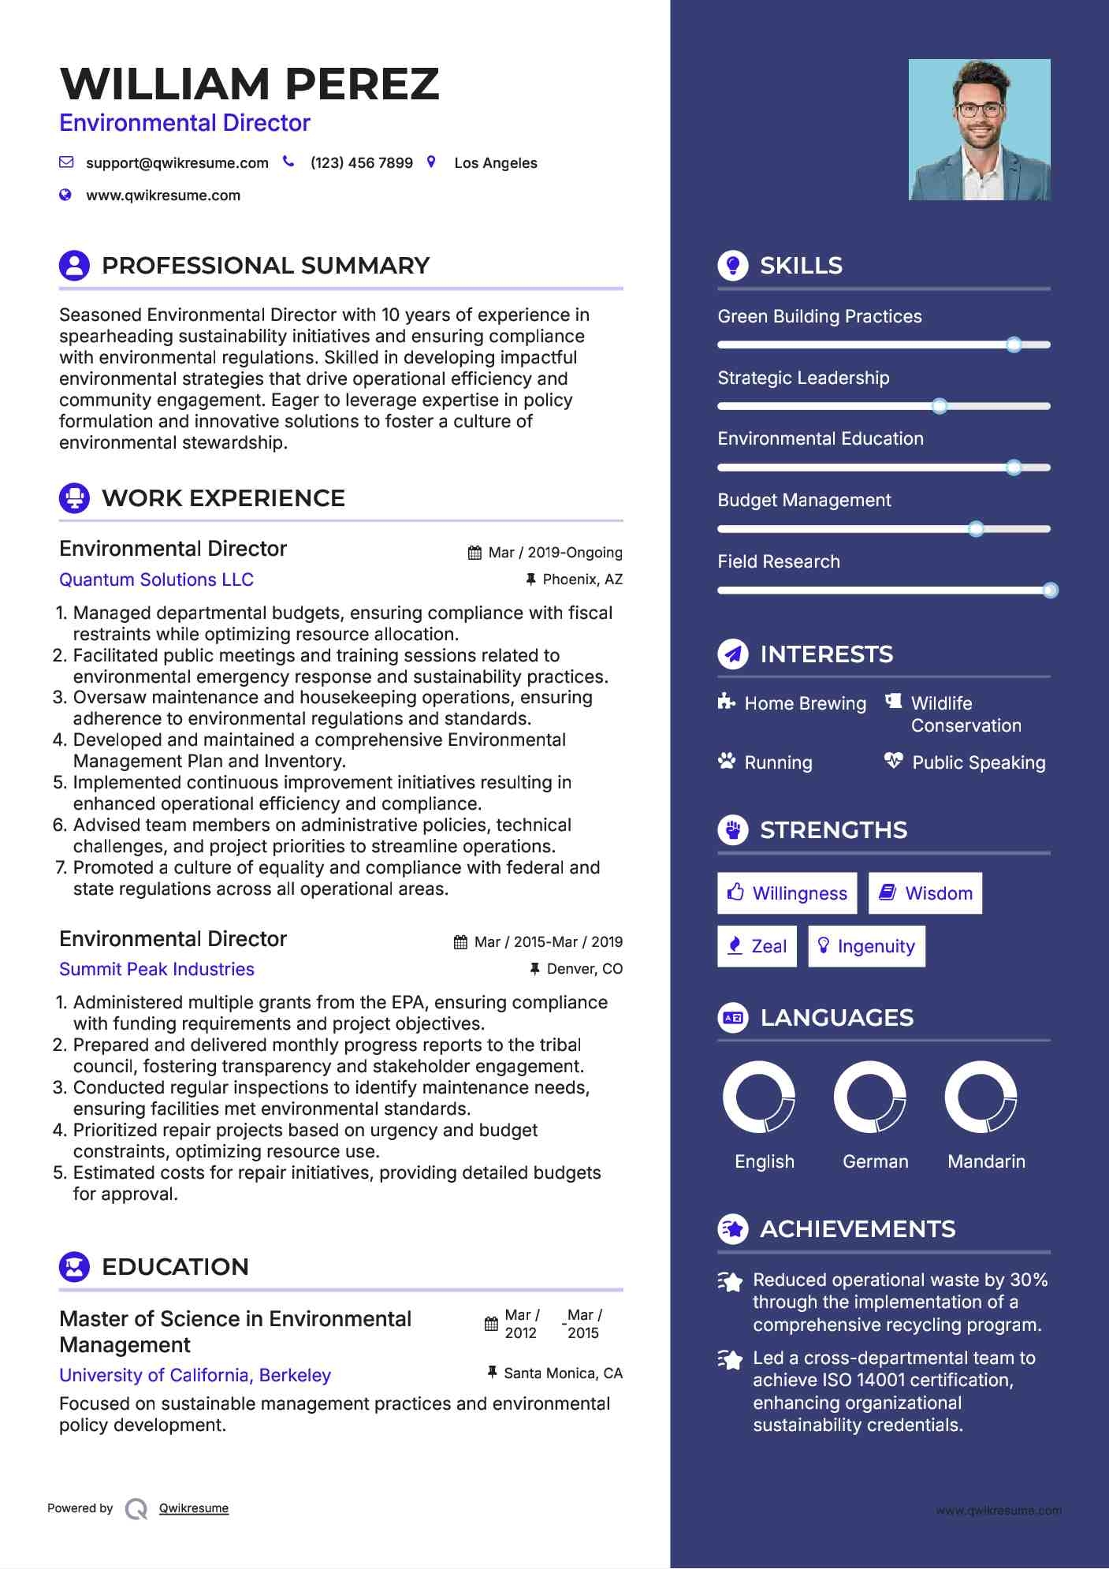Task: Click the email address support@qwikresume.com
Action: (x=177, y=163)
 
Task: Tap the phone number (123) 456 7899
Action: (x=361, y=163)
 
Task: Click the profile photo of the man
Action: (x=979, y=129)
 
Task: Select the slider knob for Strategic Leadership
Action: (x=939, y=406)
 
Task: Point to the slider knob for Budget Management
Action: (x=976, y=529)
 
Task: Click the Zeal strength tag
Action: (x=757, y=946)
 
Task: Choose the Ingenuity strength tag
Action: (x=866, y=946)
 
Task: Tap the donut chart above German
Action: (x=869, y=1097)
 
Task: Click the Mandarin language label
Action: (x=986, y=1161)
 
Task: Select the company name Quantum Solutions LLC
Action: (x=156, y=580)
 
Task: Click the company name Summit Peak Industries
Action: (x=157, y=969)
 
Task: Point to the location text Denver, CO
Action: (x=584, y=969)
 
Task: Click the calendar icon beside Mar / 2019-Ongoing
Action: (x=474, y=553)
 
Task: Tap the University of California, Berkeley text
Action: (x=195, y=1375)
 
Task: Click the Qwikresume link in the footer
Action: (x=194, y=1508)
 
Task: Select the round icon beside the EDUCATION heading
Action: (x=74, y=1267)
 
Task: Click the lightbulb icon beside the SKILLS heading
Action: (x=733, y=266)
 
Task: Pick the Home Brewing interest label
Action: (x=805, y=703)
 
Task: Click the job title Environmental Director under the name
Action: (x=184, y=123)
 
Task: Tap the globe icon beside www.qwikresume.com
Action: (x=65, y=195)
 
